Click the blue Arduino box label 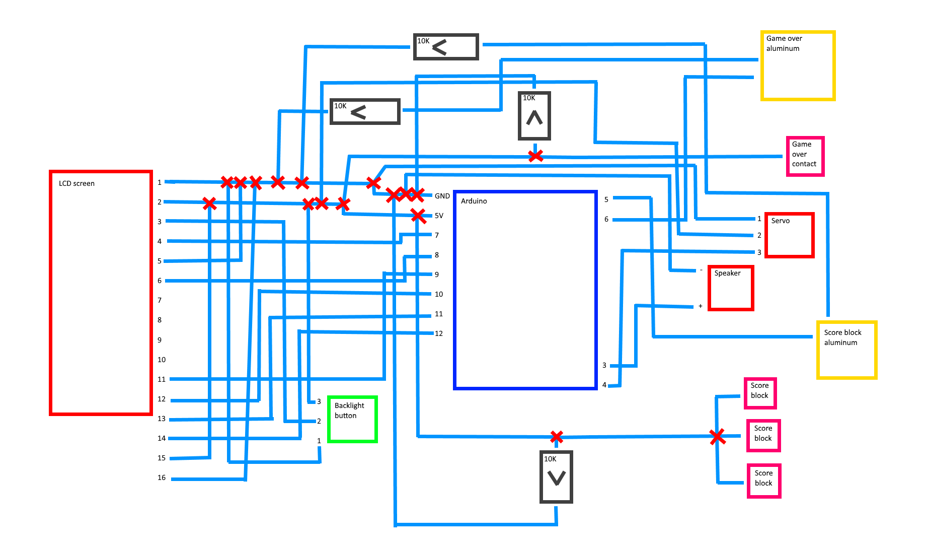click(474, 201)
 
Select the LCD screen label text click(76, 183)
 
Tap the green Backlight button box click(352, 420)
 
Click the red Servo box click(789, 235)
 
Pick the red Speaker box click(731, 288)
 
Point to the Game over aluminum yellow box click(798, 65)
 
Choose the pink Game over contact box click(805, 156)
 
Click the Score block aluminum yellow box click(846, 350)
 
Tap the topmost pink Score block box click(760, 393)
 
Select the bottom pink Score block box click(764, 481)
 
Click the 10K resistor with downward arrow click(556, 476)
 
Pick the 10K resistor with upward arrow click(534, 116)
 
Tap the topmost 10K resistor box click(446, 47)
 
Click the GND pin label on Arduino click(442, 196)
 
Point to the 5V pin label click(439, 216)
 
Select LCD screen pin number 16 click(162, 477)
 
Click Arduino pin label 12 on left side click(439, 333)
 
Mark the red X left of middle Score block click(718, 437)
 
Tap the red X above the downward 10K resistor click(556, 437)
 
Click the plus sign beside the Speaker click(700, 306)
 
